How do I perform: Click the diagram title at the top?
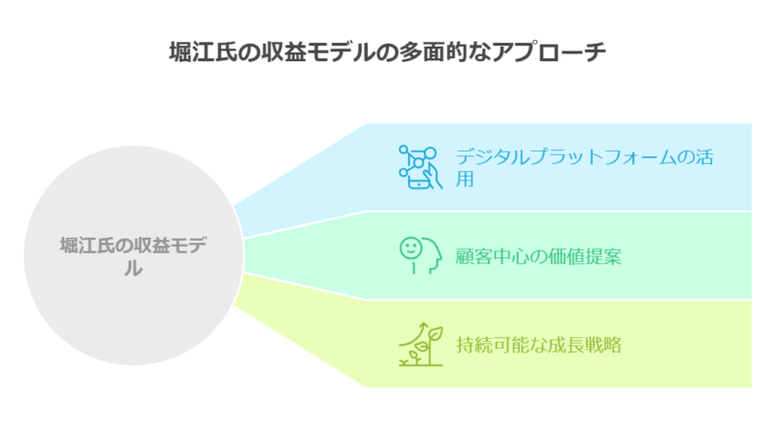[x=387, y=52]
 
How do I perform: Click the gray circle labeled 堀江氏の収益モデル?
[x=134, y=255]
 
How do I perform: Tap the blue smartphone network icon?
[x=421, y=167]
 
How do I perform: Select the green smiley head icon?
[x=421, y=255]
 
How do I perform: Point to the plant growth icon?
[x=421, y=345]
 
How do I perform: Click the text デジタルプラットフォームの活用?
[x=584, y=167]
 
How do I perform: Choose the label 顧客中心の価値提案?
[x=538, y=256]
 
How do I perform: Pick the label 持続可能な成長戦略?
[x=538, y=345]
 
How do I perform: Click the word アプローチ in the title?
[x=549, y=52]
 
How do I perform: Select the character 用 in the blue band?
[x=465, y=179]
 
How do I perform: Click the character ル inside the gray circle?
[x=134, y=268]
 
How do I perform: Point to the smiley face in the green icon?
[x=410, y=249]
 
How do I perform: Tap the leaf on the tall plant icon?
[x=436, y=333]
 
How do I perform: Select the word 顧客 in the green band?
[x=473, y=256]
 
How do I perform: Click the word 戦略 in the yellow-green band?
[x=603, y=345]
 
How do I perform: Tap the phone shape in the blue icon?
[x=419, y=176]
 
